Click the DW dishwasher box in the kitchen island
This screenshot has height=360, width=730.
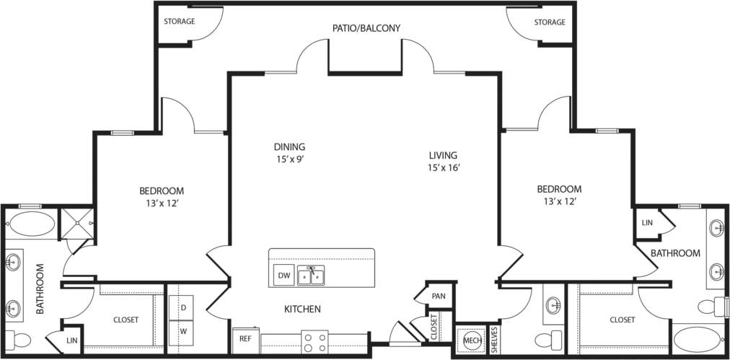[283, 276]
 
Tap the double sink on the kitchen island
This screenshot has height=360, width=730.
[311, 276]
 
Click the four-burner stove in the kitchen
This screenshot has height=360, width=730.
[315, 342]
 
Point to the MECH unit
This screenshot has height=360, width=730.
[472, 340]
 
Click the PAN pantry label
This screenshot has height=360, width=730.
[438, 296]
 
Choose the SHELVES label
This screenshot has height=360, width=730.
[494, 340]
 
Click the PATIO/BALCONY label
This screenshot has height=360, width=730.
[366, 28]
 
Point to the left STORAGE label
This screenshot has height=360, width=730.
[179, 22]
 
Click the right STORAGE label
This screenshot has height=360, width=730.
[550, 22]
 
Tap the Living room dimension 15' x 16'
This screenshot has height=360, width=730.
[444, 168]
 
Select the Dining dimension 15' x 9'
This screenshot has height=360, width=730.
[289, 159]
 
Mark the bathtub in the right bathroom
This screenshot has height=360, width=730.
[696, 339]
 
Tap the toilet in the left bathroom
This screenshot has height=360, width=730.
[21, 339]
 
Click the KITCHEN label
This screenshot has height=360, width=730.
[302, 309]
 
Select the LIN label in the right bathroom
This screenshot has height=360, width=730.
[647, 223]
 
